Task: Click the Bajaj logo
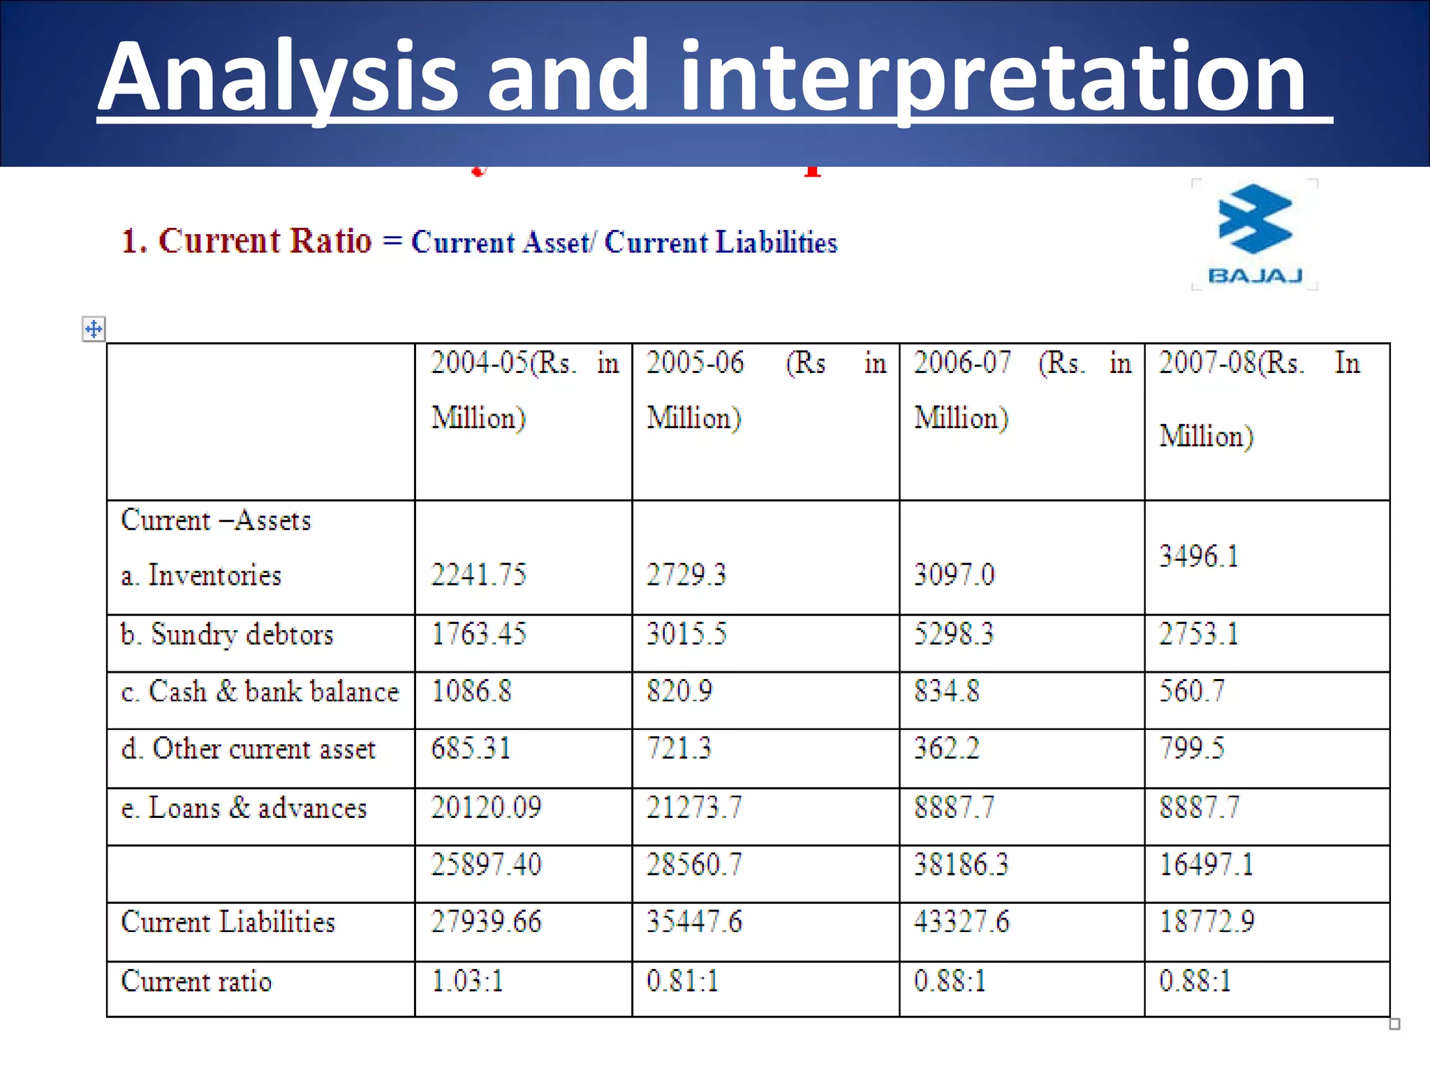(1255, 234)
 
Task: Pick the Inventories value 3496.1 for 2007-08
(1199, 557)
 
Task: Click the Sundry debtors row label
(227, 634)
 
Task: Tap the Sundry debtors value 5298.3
(954, 634)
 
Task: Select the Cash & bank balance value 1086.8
(471, 692)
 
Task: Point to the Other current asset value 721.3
(679, 748)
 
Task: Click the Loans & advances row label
(244, 808)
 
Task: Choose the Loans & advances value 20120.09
(486, 808)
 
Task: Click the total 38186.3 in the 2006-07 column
(961, 865)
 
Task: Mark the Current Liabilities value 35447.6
(694, 921)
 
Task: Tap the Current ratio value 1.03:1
(467, 981)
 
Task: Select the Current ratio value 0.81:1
(682, 981)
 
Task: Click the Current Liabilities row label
(228, 921)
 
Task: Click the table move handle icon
(94, 328)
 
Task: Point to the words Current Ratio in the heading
(265, 241)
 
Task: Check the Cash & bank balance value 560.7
(1192, 692)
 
